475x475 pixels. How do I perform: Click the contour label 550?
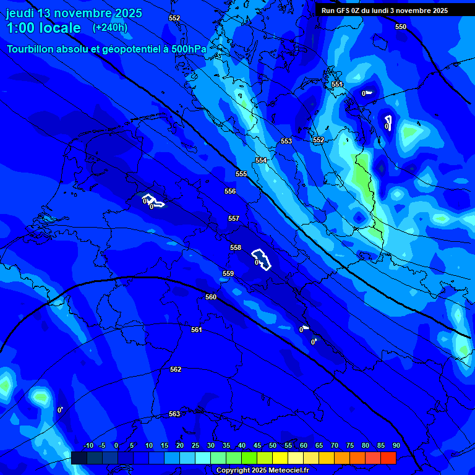[x=401, y=27]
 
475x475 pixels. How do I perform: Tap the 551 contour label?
[x=336, y=84]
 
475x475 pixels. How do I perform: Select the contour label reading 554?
[x=261, y=160]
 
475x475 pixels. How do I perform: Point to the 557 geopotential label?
[x=233, y=218]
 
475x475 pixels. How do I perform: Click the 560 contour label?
[x=211, y=297]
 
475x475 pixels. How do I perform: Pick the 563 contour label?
[x=174, y=414]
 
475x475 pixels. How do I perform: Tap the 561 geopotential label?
[x=197, y=330]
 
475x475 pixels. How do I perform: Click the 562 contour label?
[x=176, y=369]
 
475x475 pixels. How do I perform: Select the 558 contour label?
[x=236, y=247]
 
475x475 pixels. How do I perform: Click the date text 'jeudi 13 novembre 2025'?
[x=74, y=13]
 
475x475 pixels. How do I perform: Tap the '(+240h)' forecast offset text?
[x=110, y=28]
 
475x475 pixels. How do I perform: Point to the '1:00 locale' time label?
[x=43, y=28]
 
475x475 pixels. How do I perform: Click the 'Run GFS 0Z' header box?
[x=385, y=11]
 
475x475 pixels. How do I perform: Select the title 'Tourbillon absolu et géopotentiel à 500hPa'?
[x=106, y=49]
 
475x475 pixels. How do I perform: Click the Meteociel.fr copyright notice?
[x=262, y=470]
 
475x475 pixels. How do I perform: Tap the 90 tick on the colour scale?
[x=396, y=445]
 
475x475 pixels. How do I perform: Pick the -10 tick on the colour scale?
[x=88, y=445]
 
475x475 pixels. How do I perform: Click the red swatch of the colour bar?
[x=388, y=458]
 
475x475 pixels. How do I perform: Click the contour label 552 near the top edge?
[x=174, y=18]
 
